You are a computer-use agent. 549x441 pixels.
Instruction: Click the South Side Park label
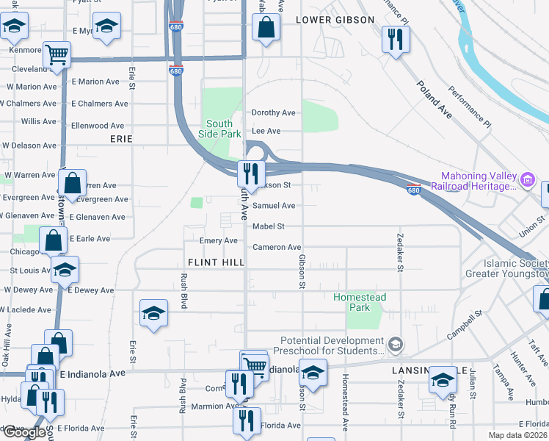click(x=219, y=129)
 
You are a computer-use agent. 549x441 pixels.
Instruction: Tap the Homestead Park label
click(x=360, y=302)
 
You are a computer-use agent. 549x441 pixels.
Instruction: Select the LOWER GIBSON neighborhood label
click(x=335, y=20)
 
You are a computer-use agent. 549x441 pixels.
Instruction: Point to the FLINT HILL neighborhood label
click(x=216, y=262)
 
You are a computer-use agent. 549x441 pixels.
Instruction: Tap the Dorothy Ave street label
click(x=273, y=113)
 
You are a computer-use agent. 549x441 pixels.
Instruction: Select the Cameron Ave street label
click(x=277, y=248)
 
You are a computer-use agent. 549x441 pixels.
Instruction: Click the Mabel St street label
click(x=268, y=226)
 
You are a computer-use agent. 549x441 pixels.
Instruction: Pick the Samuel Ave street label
click(x=274, y=206)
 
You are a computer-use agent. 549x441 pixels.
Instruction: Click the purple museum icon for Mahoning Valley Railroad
click(x=526, y=179)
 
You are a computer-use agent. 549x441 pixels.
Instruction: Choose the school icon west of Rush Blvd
click(x=153, y=314)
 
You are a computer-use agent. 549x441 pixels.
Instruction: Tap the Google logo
click(x=23, y=432)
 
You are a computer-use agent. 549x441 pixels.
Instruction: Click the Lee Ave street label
click(x=266, y=131)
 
